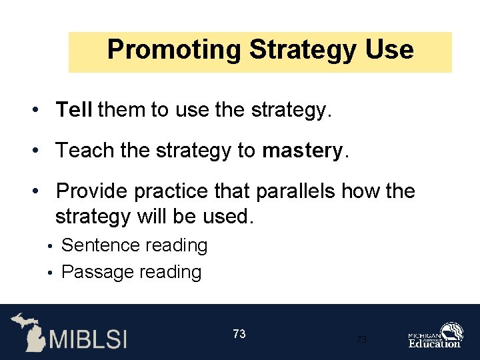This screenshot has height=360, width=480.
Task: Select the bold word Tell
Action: click(74, 110)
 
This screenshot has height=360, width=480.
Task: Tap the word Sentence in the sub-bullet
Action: click(101, 245)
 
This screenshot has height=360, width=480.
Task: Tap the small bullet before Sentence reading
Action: click(51, 246)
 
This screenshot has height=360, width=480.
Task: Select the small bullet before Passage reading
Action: click(51, 273)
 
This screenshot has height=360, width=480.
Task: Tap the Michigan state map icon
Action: click(27, 331)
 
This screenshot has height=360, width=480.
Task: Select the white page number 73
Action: click(239, 334)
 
